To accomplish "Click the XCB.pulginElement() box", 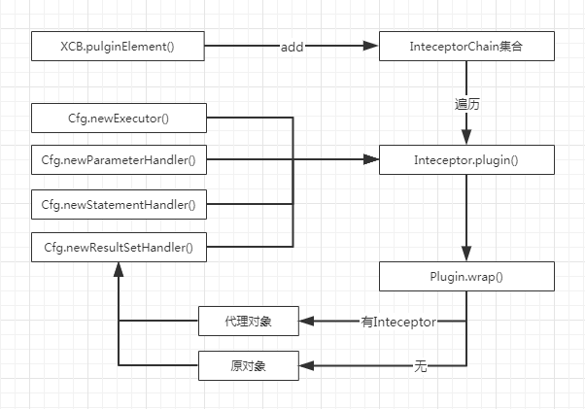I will point(119,45).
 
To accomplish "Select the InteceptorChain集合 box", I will point(466,45).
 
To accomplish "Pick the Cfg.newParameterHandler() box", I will point(119,159).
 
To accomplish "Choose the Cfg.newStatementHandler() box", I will point(119,204).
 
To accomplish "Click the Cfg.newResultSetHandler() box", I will point(119,247).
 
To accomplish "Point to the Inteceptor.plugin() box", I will point(466,159).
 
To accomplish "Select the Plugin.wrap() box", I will point(466,276).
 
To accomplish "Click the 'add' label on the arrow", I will point(292,46).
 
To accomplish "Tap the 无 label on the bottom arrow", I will point(420,366).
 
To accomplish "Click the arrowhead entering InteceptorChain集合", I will point(371,45).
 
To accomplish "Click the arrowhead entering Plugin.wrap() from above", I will point(466,255).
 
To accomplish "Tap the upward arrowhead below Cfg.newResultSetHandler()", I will point(119,270).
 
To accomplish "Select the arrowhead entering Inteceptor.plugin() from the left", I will point(371,159).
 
